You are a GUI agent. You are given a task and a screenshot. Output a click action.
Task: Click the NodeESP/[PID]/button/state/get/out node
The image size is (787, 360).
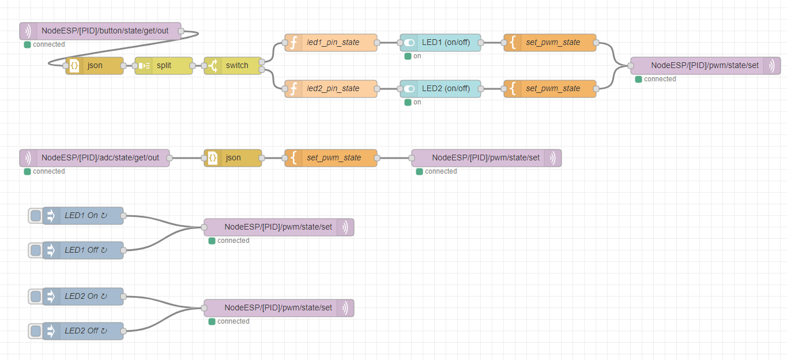pos(100,31)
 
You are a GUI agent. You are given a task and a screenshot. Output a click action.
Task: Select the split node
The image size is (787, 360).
pos(164,66)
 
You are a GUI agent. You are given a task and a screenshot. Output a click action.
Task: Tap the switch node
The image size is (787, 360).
pos(233,66)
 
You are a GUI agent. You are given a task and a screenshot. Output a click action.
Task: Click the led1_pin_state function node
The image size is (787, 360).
pos(331,43)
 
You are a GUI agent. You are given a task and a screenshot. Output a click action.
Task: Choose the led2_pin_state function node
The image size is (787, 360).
pos(331,89)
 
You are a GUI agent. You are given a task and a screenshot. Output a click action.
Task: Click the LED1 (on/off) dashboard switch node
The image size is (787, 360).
pos(440,43)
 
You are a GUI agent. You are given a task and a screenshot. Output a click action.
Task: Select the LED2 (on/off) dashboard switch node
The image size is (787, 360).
pos(440,89)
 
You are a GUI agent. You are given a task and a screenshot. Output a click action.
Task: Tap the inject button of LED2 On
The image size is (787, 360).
pos(36,297)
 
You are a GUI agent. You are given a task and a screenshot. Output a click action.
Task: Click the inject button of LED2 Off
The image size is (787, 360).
pos(36,331)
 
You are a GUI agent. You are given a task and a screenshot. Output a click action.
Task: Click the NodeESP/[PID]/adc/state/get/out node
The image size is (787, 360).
pos(95,158)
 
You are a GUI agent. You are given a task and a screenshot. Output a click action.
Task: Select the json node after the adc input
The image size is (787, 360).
pos(233,158)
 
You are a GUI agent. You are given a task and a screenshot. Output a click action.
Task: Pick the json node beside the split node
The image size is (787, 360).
pos(95,66)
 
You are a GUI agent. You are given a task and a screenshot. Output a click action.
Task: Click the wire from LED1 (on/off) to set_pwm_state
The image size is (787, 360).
pos(492,43)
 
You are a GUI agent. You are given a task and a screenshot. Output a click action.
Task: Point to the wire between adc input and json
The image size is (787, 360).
pos(187,158)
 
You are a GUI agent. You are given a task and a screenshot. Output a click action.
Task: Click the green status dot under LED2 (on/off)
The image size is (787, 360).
pos(408,102)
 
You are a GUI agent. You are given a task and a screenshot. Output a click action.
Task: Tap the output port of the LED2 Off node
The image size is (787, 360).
pos(123,331)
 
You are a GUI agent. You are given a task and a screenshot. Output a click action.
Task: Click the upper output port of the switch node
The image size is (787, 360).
pos(262,62)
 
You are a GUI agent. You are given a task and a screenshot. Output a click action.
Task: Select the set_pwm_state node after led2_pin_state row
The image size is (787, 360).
pos(550,89)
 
